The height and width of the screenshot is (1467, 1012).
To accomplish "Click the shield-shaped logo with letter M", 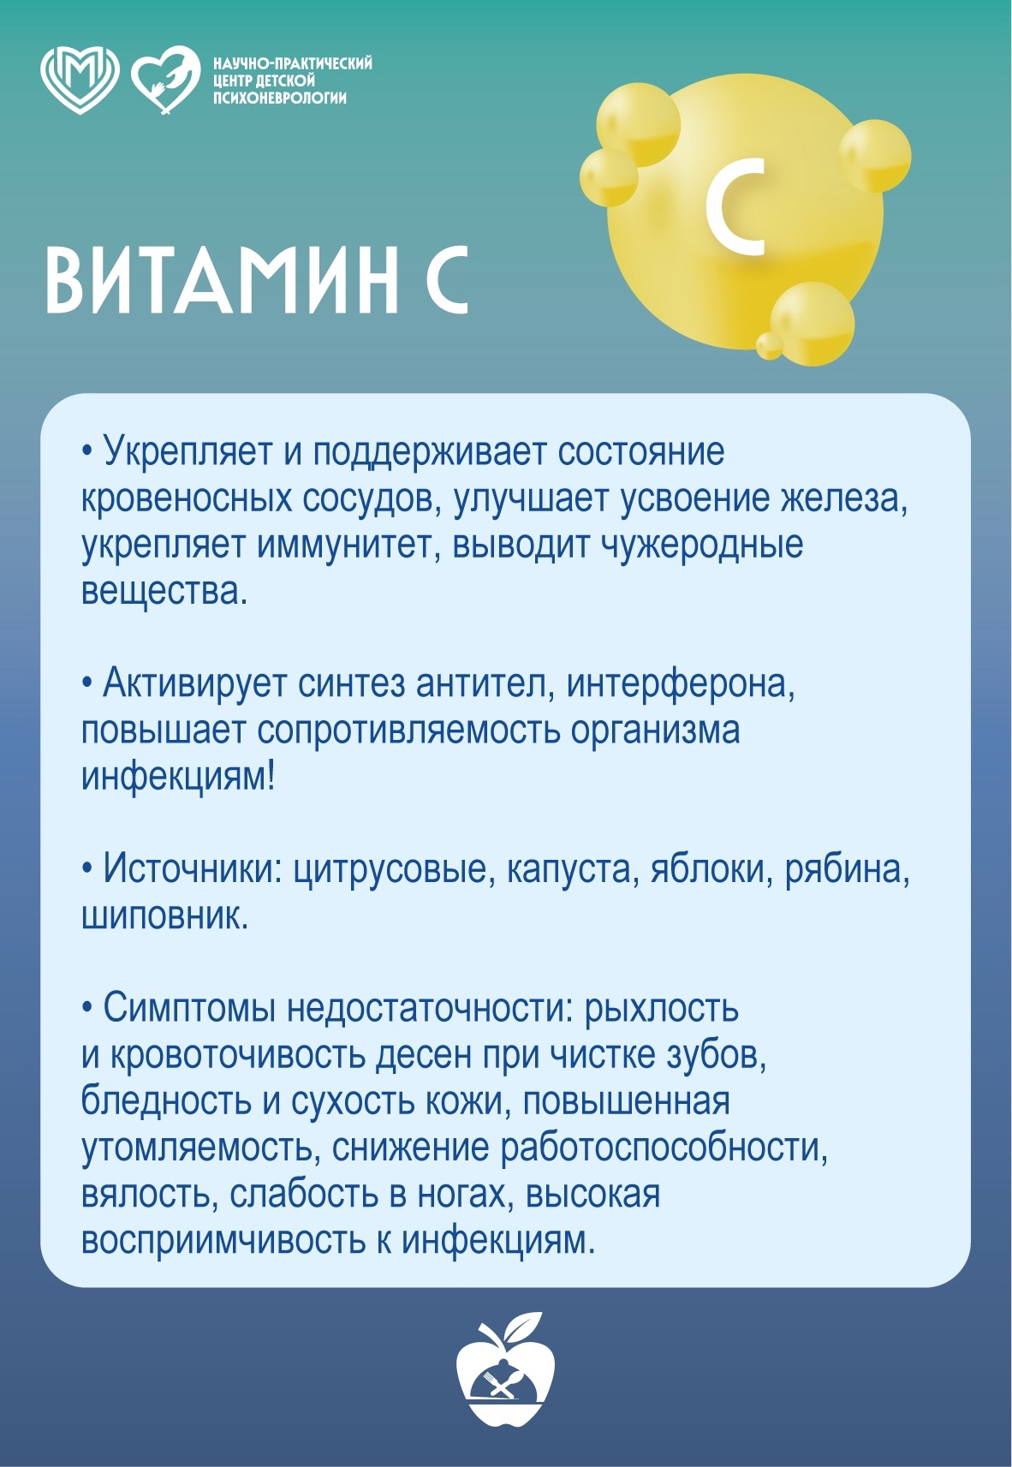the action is tap(80, 80).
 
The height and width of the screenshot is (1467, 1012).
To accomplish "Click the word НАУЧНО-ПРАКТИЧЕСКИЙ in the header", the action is tap(294, 63).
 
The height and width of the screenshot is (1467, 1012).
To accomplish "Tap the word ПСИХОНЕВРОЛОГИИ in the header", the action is tap(280, 98).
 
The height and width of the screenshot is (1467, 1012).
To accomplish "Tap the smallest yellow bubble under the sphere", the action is tap(770, 347).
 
